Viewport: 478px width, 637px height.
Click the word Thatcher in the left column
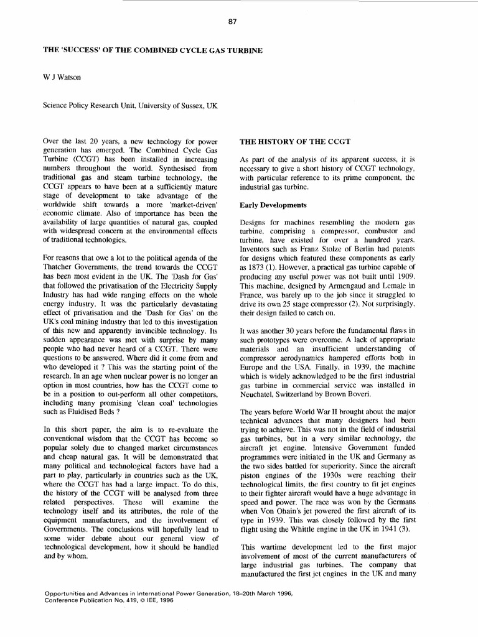(61, 266)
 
